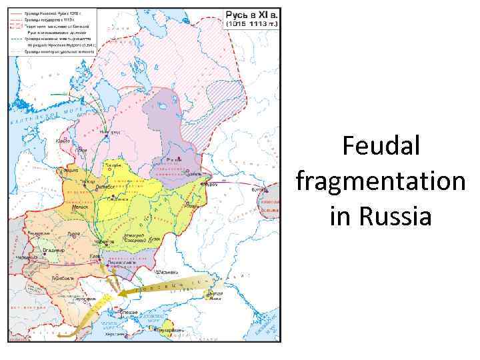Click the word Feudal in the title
(x=381, y=146)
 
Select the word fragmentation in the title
(x=380, y=181)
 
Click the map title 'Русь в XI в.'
(x=252, y=14)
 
